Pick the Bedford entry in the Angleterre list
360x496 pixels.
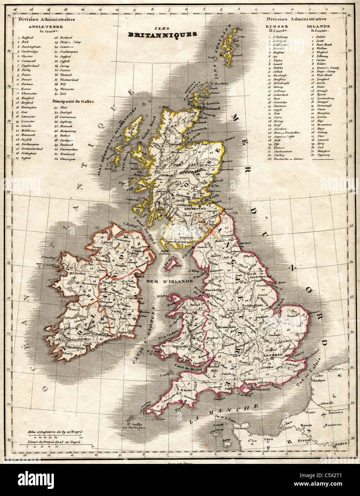[27, 37]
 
